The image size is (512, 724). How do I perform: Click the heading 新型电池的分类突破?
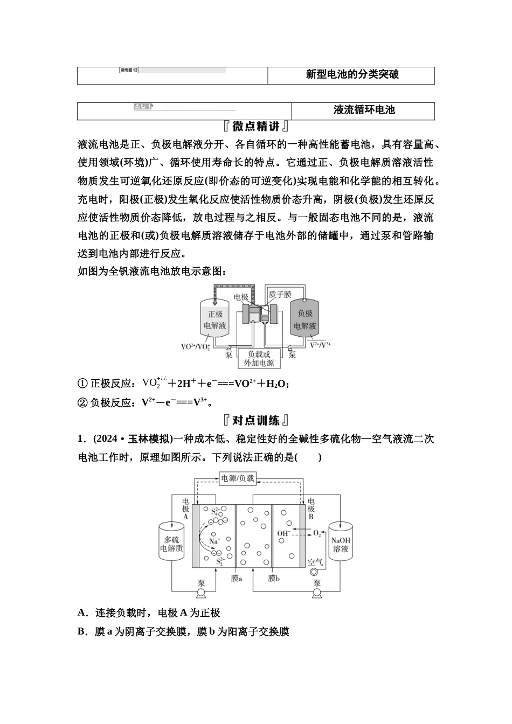click(x=352, y=75)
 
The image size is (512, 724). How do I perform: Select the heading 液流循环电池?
click(x=364, y=110)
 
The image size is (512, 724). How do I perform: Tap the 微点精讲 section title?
click(x=256, y=127)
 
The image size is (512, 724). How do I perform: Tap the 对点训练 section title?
click(x=256, y=420)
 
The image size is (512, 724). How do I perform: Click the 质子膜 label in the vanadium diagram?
click(x=280, y=294)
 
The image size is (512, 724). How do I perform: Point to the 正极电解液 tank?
click(x=215, y=319)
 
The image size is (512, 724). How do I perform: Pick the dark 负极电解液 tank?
click(x=305, y=319)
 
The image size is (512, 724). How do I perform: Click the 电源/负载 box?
click(x=237, y=478)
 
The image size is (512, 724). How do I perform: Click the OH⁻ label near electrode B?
click(x=283, y=533)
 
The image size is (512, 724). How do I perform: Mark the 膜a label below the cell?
click(x=236, y=578)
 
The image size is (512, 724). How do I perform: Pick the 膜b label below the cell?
click(x=273, y=578)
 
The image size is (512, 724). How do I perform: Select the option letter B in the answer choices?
click(x=82, y=631)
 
